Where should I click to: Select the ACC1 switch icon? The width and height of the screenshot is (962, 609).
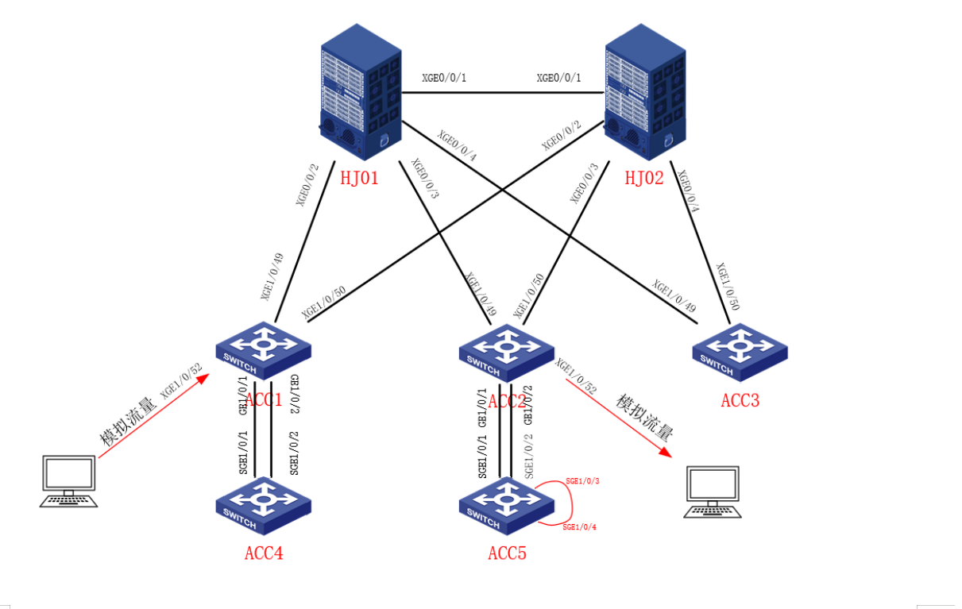point(262,350)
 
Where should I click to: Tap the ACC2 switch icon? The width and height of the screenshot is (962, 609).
point(506,350)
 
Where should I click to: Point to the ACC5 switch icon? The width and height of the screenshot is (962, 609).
point(506,503)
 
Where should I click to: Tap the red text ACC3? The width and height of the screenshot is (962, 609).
point(740,400)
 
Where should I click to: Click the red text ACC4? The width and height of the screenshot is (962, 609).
point(263,553)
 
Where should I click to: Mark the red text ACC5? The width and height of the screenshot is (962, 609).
point(507,553)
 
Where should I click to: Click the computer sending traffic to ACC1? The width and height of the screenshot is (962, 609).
point(70,480)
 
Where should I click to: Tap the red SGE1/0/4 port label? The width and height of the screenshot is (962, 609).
point(579,527)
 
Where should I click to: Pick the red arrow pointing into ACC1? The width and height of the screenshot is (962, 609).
point(155,414)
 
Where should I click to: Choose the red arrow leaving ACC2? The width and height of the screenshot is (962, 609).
point(616,416)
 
